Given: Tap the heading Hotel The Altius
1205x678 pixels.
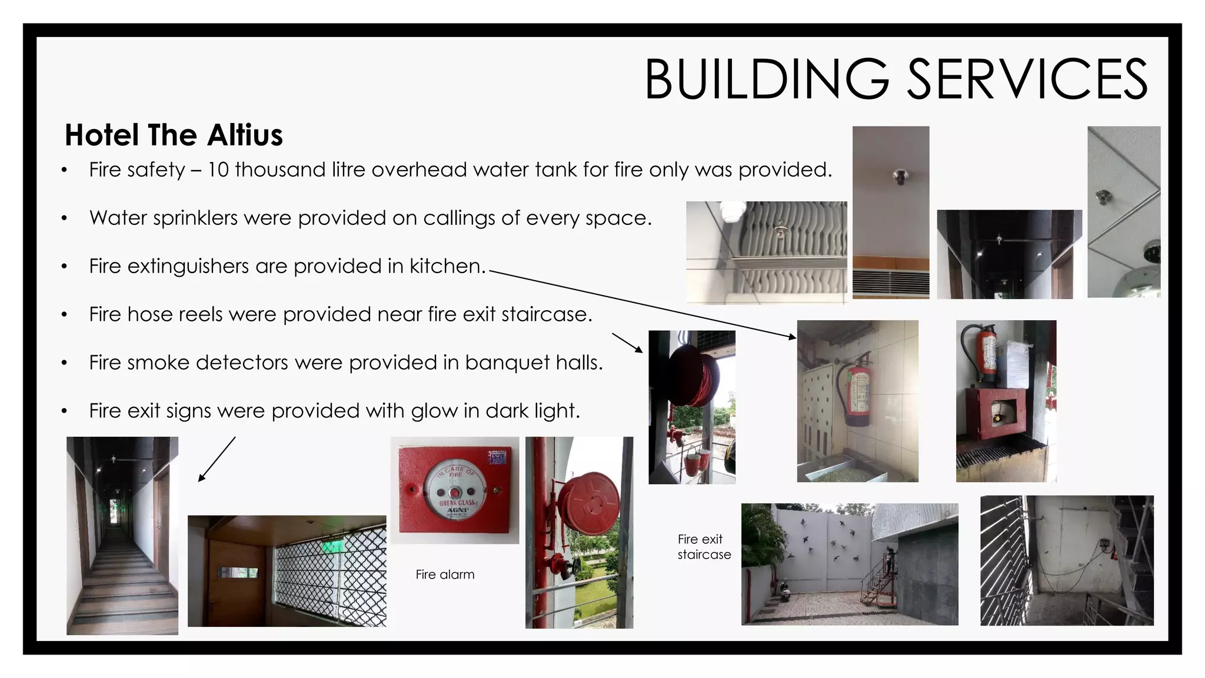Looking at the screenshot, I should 174,135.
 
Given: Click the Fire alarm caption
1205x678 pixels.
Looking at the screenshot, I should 445,574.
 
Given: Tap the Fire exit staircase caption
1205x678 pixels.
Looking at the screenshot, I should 704,547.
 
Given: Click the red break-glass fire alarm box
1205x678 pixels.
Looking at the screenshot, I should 455,490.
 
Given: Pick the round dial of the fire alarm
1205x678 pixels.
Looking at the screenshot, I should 455,487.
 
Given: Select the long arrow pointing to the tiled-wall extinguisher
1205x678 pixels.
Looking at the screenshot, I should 641,303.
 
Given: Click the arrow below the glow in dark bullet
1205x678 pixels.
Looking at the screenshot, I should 217,460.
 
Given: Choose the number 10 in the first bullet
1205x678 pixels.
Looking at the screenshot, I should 218,169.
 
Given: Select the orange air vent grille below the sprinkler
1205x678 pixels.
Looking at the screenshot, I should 891,282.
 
